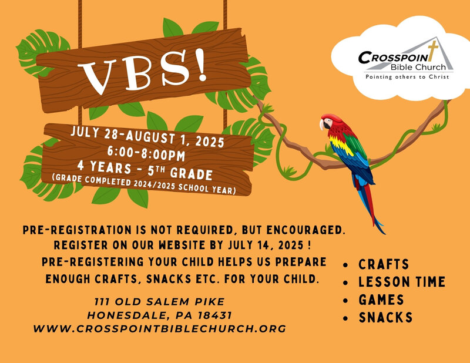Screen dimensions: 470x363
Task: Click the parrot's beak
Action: click(x=322, y=125)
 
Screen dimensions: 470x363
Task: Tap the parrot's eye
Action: click(x=327, y=121)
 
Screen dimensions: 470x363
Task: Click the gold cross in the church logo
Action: click(x=432, y=51)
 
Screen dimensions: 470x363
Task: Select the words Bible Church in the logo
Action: click(x=418, y=67)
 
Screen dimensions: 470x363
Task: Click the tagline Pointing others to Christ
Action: click(x=407, y=77)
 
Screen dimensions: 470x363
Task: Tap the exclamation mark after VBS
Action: click(x=201, y=65)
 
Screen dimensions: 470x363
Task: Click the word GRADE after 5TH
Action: click(x=192, y=173)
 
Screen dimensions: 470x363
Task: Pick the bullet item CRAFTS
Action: click(x=384, y=264)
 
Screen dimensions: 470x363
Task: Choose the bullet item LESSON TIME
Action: click(x=402, y=282)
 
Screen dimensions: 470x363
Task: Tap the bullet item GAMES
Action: click(x=381, y=300)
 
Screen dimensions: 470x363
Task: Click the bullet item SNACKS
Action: click(x=385, y=317)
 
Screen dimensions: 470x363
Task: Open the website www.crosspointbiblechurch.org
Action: click(x=159, y=328)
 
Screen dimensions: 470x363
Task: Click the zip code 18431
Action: click(x=214, y=315)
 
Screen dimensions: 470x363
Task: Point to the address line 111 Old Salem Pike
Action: click(x=159, y=301)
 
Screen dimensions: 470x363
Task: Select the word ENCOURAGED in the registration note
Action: click(x=305, y=230)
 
